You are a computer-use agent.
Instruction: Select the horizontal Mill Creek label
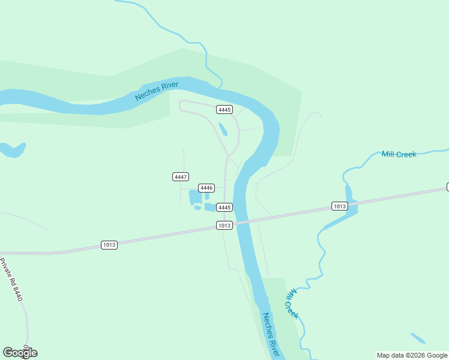click(399, 154)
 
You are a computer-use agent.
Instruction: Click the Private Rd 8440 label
click(11, 280)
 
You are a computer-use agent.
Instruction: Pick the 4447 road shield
click(181, 176)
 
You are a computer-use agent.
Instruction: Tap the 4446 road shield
click(206, 188)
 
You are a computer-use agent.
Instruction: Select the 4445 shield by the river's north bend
click(224, 109)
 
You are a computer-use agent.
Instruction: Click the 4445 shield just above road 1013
click(224, 208)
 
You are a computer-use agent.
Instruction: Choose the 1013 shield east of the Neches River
click(339, 206)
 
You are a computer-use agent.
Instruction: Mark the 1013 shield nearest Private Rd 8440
click(109, 245)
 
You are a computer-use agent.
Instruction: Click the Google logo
click(20, 352)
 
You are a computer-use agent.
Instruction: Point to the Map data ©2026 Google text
click(412, 355)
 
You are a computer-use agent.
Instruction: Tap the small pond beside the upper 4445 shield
click(223, 129)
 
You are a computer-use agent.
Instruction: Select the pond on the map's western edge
click(12, 149)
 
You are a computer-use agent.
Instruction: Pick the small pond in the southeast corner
click(418, 338)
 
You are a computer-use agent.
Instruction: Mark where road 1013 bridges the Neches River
click(242, 222)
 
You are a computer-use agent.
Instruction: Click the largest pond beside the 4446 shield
click(194, 197)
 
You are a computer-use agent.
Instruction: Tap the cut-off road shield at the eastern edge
click(447, 187)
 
